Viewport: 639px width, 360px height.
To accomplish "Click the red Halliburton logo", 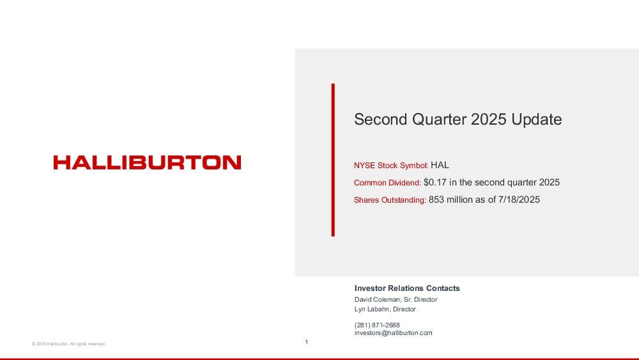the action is click(x=147, y=162).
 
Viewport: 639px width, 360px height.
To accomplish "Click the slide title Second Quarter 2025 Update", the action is click(x=458, y=120).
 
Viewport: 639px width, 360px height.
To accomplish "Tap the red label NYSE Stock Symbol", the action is click(x=390, y=166).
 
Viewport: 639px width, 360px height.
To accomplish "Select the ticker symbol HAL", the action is click(x=440, y=165).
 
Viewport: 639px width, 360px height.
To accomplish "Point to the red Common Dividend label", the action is click(x=387, y=183).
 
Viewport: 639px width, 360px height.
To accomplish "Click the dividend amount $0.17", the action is click(x=435, y=182).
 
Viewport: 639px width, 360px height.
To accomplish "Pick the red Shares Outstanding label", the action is click(x=389, y=200).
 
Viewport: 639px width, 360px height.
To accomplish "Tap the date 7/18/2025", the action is click(x=519, y=200).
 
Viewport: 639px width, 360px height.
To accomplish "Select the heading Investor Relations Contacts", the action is click(x=407, y=288).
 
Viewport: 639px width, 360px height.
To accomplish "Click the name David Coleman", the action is click(x=378, y=300).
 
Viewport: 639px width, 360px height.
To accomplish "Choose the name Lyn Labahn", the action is click(x=372, y=309).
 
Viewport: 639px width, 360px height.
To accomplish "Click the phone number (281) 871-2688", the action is click(x=377, y=325).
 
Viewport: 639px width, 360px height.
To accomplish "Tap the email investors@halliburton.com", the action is click(x=393, y=333).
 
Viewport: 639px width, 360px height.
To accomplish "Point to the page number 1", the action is click(x=307, y=342).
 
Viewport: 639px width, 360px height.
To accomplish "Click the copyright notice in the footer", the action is click(x=68, y=343).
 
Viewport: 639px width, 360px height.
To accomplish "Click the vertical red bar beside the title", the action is click(x=333, y=160).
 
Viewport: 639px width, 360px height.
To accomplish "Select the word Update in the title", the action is click(x=537, y=120).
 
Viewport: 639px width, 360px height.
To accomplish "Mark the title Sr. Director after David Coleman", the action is click(x=420, y=300).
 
